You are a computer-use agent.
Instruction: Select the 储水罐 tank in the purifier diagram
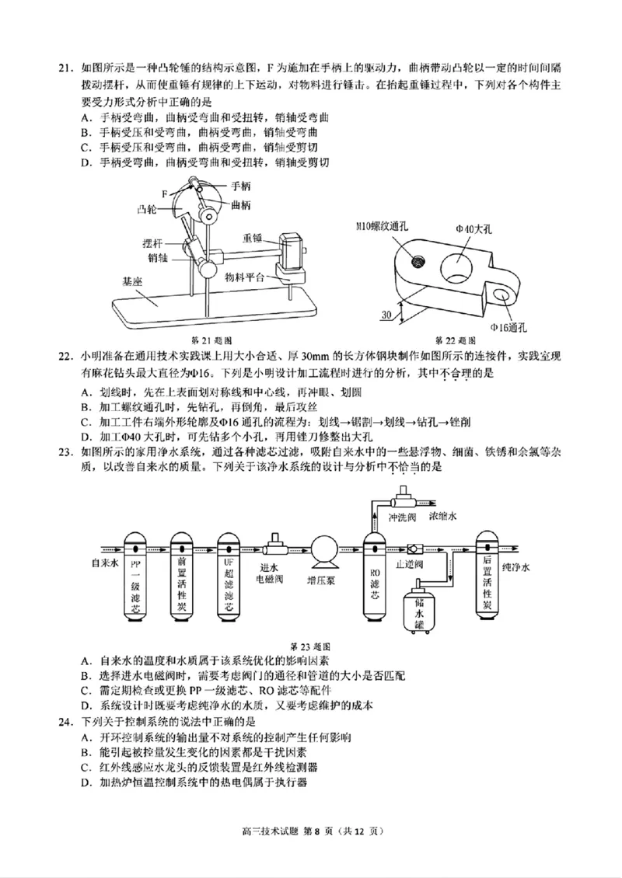420,609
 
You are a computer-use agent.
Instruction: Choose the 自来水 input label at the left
105,561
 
